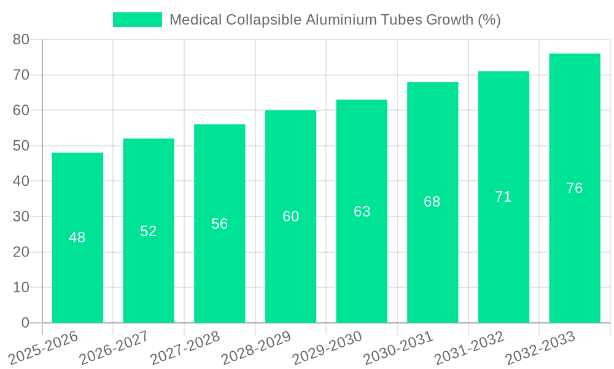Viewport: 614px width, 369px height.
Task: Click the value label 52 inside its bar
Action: [149, 231]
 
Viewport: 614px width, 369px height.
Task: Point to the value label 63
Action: [362, 212]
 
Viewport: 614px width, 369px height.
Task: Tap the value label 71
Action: [503, 197]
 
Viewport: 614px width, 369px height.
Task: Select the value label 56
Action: [220, 224]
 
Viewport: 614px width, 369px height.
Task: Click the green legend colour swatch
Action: [137, 20]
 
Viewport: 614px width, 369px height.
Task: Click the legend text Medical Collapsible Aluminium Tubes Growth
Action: [335, 20]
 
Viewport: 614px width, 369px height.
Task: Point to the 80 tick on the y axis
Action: [21, 39]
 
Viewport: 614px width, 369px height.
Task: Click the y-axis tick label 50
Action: [21, 146]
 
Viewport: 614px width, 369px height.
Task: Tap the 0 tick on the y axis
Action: [25, 323]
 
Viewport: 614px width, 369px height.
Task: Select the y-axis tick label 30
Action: [21, 216]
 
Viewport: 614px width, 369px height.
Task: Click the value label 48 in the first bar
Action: [77, 237]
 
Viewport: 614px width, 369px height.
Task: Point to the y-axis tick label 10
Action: [21, 287]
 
